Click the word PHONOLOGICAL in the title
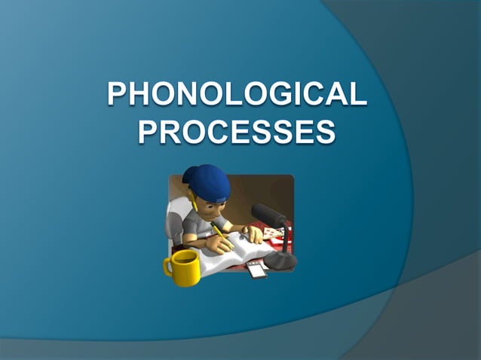[x=237, y=96]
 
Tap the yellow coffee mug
[x=183, y=268]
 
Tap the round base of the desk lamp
[x=280, y=261]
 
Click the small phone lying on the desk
[x=257, y=270]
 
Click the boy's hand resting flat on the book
[x=253, y=233]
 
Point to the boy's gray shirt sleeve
[x=195, y=224]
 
